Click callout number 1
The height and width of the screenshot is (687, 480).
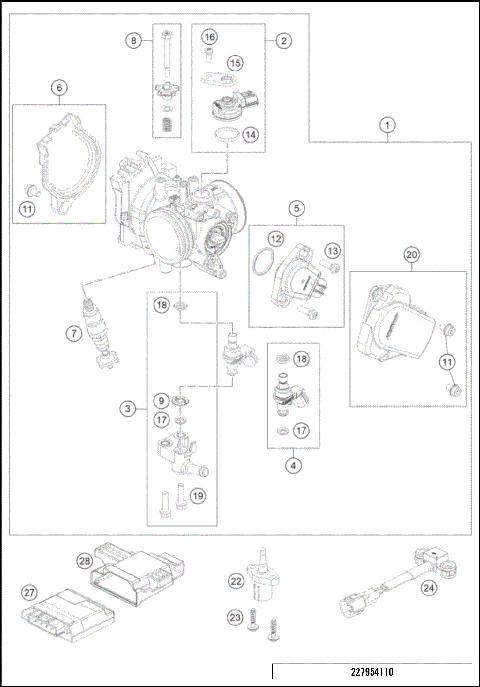[388, 126]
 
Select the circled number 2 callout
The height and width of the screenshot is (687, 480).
[284, 41]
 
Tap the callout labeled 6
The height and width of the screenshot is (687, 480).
[59, 88]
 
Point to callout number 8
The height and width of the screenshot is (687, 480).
[133, 41]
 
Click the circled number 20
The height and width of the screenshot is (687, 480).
[410, 255]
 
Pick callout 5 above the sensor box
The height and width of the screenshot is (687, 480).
[297, 208]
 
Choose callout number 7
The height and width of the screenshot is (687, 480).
[73, 334]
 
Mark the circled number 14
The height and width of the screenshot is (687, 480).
[250, 133]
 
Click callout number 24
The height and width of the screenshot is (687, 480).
[429, 589]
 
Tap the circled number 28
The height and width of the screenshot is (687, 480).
[85, 562]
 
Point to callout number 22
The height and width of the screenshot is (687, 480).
[236, 581]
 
